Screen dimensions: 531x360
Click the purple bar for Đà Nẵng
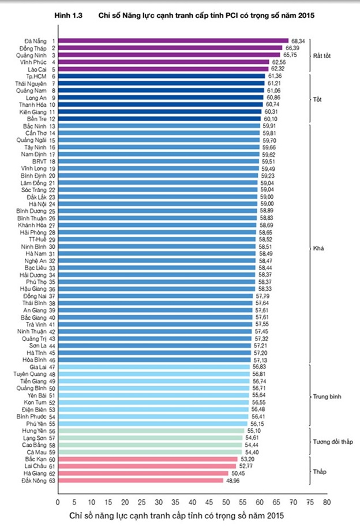click(x=173, y=41)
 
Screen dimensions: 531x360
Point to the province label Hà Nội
click(x=38, y=204)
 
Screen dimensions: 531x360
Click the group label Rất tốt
click(x=322, y=55)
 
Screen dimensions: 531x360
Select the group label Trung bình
click(x=326, y=397)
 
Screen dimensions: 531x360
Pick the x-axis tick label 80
click(x=327, y=502)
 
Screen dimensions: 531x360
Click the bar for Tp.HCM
click(x=161, y=76)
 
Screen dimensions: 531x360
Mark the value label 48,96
click(x=232, y=480)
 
